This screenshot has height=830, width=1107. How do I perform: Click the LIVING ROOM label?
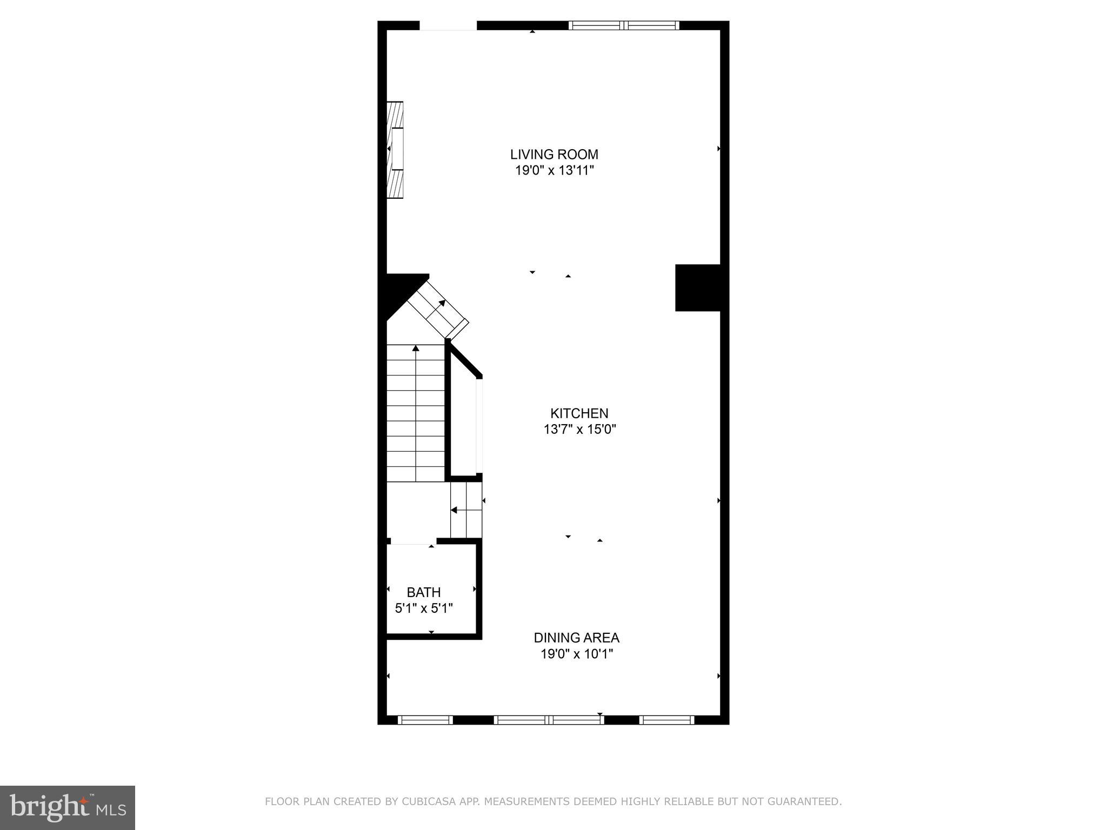(554, 155)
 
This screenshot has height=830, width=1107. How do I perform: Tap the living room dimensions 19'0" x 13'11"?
(554, 171)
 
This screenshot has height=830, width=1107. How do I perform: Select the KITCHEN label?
(579, 413)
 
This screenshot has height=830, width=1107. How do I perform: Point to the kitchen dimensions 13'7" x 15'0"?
(579, 430)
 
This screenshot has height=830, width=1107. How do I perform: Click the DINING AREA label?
(576, 638)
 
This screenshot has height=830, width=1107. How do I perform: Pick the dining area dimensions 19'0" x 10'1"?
(576, 654)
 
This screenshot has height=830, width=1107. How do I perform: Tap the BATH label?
(424, 592)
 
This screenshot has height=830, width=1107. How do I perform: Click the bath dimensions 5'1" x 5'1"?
(424, 608)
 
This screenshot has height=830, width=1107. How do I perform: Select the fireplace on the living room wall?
(396, 150)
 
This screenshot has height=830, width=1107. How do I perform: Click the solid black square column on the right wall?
(698, 287)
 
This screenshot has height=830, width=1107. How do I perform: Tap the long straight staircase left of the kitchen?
(416, 413)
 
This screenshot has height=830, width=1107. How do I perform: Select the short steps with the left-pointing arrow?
(466, 510)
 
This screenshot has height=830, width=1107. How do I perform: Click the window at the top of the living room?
(624, 25)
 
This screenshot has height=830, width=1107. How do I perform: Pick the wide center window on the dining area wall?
(549, 720)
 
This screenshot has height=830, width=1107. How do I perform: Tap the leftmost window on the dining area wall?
(425, 720)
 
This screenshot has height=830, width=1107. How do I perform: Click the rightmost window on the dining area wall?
(666, 720)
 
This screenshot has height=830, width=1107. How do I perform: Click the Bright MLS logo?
(68, 807)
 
